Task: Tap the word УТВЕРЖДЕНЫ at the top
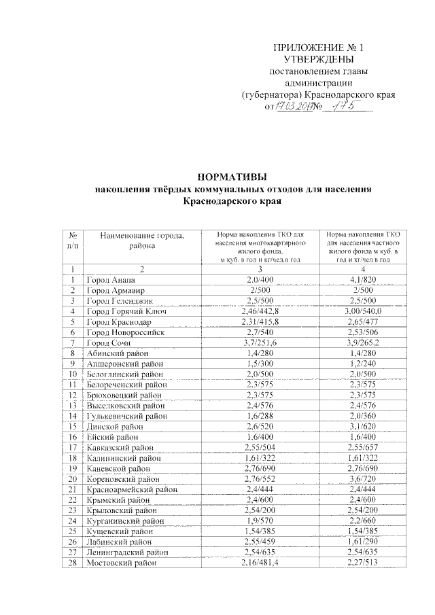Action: tap(318, 60)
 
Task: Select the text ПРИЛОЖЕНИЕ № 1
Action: tap(318, 48)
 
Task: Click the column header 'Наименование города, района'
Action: tap(142, 241)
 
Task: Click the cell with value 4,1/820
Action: tap(358, 280)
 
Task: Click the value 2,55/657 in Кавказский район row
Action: tap(358, 447)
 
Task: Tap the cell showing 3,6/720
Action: tap(358, 478)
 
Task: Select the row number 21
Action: tap(72, 489)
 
